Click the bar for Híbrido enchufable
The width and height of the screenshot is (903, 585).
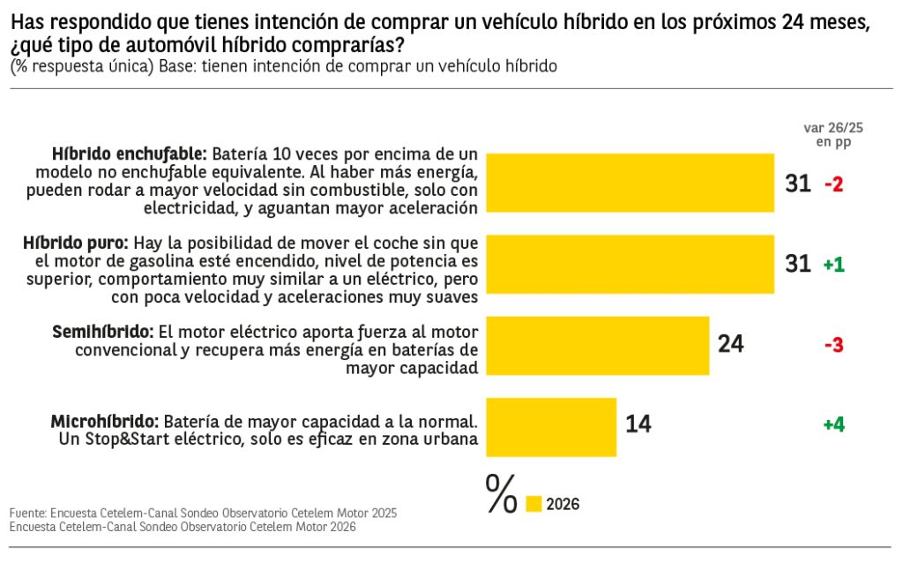631,183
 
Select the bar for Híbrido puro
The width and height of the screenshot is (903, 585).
631,264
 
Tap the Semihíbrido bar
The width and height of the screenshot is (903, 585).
598,345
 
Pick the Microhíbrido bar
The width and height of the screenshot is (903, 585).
551,426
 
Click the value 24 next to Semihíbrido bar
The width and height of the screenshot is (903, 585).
730,344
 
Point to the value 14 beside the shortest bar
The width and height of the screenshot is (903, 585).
638,424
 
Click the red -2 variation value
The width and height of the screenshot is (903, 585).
833,184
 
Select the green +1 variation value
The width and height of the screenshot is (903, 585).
833,265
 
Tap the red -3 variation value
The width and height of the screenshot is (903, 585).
833,345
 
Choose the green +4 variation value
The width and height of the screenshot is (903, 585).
833,425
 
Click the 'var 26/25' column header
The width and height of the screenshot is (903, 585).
833,128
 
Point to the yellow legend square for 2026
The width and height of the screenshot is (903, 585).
534,504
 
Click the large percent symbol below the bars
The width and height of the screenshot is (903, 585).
501,494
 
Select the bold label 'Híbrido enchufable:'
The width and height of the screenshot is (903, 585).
129,154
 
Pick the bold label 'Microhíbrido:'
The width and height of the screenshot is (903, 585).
105,421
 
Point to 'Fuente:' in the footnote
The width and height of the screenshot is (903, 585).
27,513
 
